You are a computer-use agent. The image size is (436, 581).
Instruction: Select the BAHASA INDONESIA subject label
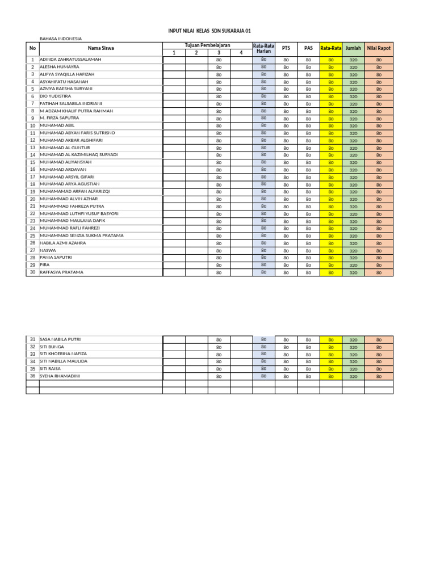coord(60,39)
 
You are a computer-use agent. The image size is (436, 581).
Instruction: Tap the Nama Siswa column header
coord(100,49)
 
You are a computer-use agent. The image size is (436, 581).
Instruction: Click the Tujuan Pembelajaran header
coord(207,45)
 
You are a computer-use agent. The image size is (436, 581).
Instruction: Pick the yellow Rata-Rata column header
coord(331,49)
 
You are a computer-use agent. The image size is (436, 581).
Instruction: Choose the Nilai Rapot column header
coord(379,49)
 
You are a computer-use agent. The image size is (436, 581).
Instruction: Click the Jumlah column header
coord(353,49)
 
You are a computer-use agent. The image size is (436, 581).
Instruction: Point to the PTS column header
coord(286,49)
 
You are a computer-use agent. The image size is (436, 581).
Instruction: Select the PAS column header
coord(308,49)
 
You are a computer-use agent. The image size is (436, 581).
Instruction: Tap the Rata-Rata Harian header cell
coord(263,49)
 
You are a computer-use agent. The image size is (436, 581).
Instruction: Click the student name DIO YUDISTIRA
coord(56,96)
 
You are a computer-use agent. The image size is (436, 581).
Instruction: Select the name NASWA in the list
coord(48,250)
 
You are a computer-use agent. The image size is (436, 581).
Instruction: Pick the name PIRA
coord(45,265)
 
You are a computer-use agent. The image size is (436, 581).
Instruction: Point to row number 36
coord(33,376)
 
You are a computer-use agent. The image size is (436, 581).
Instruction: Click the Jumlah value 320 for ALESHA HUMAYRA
coord(353,67)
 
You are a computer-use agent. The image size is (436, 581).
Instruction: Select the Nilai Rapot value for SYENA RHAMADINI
coord(379,376)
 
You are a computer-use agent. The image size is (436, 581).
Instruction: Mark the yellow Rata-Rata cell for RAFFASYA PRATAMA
coord(331,272)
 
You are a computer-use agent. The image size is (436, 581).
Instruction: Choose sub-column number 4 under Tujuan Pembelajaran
coord(241,53)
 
